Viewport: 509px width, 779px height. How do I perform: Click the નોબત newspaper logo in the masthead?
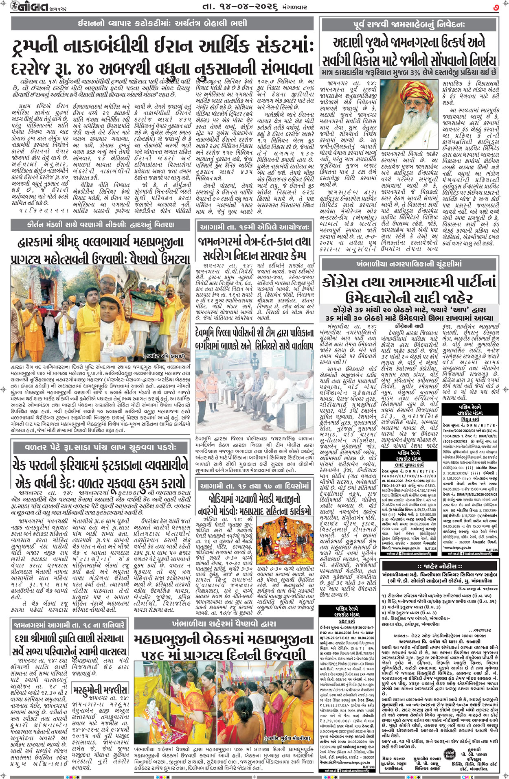[25, 7]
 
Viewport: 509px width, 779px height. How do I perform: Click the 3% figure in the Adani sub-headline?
[408, 72]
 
